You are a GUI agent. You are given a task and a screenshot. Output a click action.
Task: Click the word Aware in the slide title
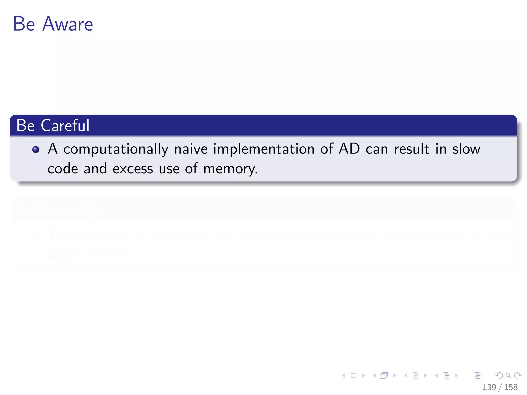point(67,24)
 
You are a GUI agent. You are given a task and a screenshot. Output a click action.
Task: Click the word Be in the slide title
point(24,24)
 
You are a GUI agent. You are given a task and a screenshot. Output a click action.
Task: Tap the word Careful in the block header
point(65,125)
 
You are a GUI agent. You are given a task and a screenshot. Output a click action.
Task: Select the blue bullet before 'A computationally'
point(36,149)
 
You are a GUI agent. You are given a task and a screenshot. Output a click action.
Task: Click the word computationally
point(116,149)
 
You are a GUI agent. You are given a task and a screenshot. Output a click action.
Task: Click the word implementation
point(263,149)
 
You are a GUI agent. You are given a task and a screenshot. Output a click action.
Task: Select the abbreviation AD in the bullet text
point(349,149)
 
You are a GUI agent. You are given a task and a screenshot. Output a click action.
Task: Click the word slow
point(466,149)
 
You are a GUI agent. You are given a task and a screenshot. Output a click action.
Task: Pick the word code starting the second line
point(63,169)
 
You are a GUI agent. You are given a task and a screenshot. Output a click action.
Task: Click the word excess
point(133,169)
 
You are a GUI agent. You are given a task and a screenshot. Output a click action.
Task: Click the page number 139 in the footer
point(489,387)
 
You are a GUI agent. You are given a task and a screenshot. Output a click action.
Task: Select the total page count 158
point(511,387)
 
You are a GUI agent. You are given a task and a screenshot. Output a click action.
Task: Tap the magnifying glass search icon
point(508,375)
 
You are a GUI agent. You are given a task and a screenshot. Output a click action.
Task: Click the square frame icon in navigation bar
point(353,375)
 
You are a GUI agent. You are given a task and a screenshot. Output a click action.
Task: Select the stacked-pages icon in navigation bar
point(384,375)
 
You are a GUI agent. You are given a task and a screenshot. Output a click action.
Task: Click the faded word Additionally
point(58,210)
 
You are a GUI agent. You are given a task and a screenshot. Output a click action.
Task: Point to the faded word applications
point(87,255)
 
